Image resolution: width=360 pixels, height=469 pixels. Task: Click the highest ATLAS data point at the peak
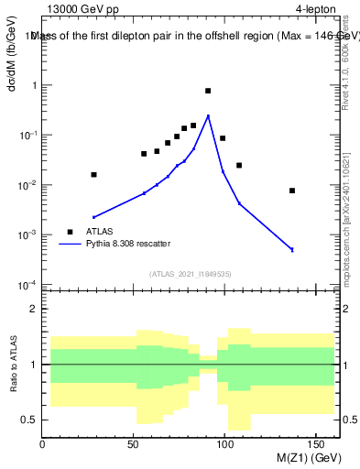click(x=208, y=91)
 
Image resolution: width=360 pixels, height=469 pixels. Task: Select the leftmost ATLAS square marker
click(x=93, y=174)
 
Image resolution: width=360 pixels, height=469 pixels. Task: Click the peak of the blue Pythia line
click(x=208, y=115)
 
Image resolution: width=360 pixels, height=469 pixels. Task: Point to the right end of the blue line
click(x=292, y=249)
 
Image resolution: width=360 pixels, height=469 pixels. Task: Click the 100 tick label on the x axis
click(x=225, y=444)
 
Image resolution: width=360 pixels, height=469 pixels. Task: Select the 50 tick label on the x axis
click(x=134, y=444)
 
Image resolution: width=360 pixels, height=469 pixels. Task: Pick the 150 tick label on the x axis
click(x=317, y=444)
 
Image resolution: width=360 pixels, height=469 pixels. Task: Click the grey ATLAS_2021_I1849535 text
click(x=190, y=273)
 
